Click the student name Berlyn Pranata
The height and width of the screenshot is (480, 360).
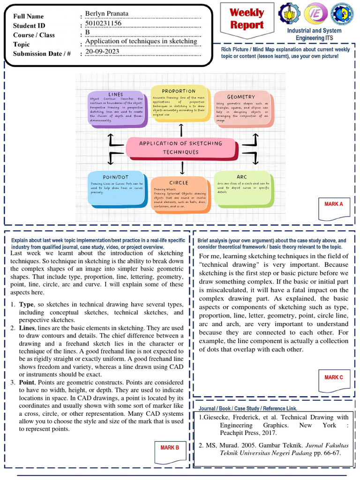tap(106, 13)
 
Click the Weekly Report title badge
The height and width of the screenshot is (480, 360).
tap(247, 19)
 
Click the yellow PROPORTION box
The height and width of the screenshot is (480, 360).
tap(179, 103)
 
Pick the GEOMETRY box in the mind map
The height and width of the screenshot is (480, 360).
tap(241, 108)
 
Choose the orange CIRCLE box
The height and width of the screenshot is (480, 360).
tap(178, 194)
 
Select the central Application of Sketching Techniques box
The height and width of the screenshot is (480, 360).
tap(181, 147)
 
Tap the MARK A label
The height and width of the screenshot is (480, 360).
tap(334, 204)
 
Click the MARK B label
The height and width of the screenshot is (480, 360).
tap(170, 448)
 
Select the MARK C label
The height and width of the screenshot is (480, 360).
tap(334, 377)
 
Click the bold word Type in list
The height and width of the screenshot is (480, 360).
tap(26, 304)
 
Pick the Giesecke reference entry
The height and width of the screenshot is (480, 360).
tap(274, 425)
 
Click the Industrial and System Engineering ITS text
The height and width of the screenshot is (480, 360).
tap(314, 34)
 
